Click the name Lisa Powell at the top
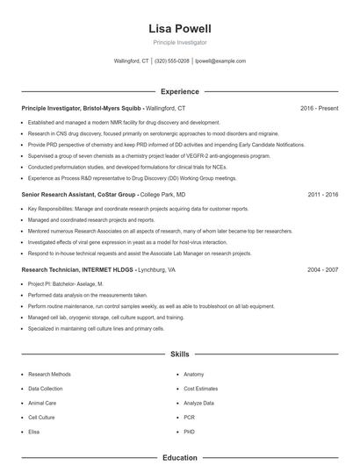180,28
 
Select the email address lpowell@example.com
220,61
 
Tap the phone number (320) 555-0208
172,61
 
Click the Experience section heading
180,91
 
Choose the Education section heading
180,457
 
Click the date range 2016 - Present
319,108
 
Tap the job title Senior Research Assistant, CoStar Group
78,194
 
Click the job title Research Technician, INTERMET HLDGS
77,270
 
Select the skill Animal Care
43,403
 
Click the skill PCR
189,418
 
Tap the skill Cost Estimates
200,388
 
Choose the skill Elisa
34,432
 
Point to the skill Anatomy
194,374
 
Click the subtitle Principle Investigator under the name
180,42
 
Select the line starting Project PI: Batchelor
65,284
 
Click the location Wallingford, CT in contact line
132,61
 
